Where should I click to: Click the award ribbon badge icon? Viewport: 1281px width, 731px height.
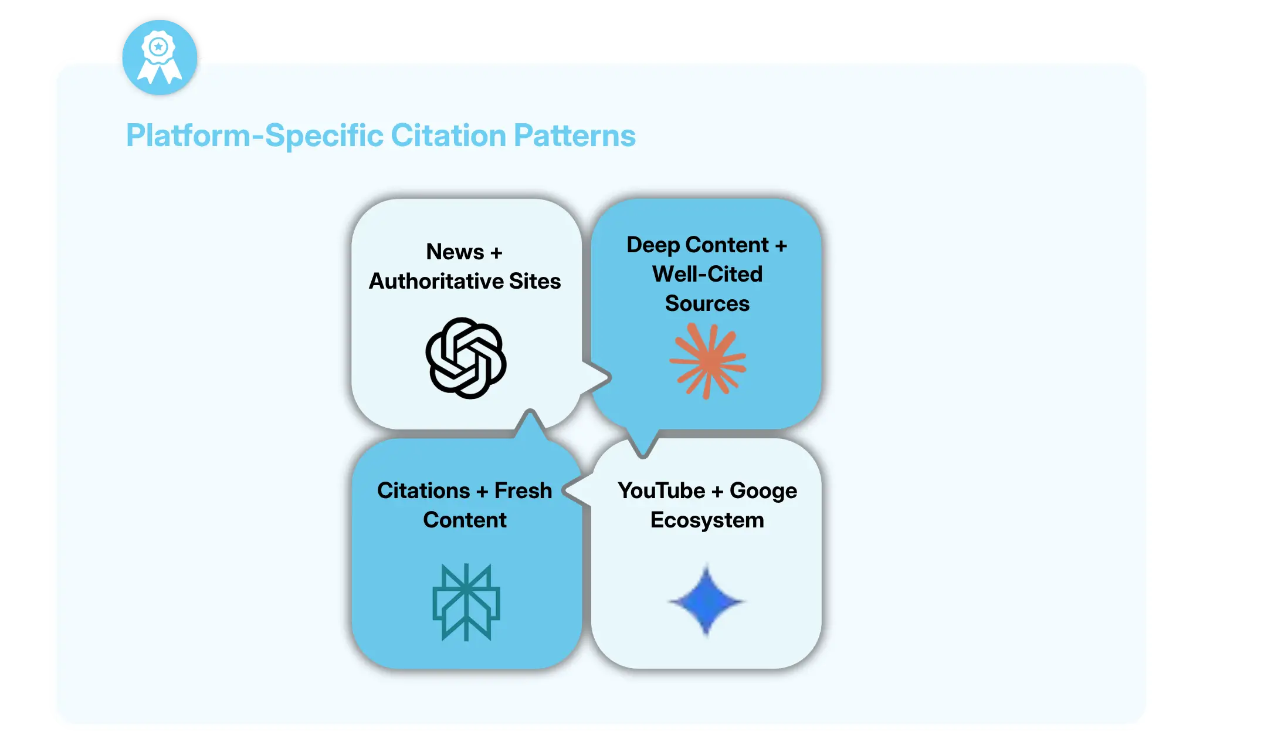[159, 57]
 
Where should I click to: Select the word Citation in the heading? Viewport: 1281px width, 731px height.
[448, 136]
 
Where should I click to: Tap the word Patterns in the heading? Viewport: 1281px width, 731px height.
[574, 136]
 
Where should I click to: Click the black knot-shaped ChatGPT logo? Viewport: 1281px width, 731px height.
[466, 358]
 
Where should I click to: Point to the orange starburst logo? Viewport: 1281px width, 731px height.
[707, 361]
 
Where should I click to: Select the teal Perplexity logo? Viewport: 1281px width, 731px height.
[466, 602]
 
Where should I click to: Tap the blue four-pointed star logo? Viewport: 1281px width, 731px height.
[706, 601]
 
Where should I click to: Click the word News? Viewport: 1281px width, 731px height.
[455, 252]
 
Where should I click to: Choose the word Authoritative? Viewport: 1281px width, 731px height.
[436, 282]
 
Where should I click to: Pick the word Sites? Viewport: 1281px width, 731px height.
[535, 282]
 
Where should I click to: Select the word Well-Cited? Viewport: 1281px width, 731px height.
[707, 275]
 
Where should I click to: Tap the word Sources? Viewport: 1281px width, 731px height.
[707, 304]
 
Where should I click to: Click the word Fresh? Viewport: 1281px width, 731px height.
[523, 491]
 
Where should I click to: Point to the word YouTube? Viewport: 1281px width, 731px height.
[662, 491]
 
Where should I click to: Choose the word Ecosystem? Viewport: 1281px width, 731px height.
[707, 520]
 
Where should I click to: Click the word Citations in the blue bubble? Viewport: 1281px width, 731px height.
[423, 491]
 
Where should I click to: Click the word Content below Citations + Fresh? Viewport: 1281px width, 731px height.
[465, 520]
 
